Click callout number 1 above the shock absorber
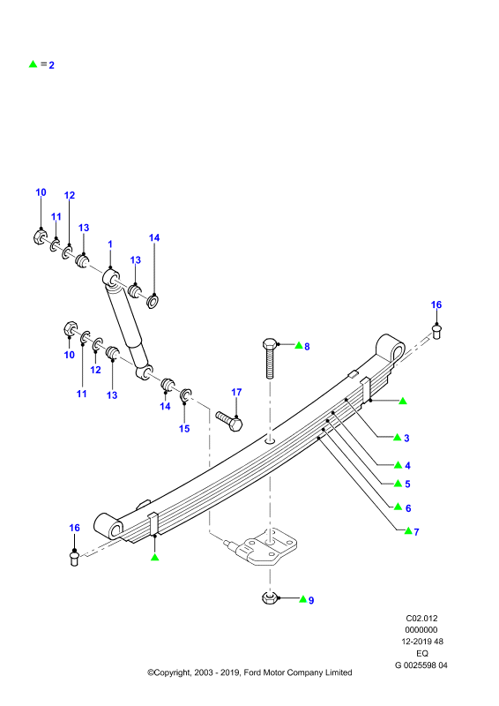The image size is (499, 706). (x=110, y=244)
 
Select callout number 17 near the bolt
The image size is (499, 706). (x=236, y=392)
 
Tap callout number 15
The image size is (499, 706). (x=184, y=429)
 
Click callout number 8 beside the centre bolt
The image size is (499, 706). (x=308, y=346)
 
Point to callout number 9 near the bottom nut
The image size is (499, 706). (x=311, y=600)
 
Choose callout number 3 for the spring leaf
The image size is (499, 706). (x=406, y=438)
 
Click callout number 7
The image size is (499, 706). (x=417, y=532)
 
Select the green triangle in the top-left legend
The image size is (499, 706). (x=33, y=64)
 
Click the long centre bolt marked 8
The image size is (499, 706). (x=270, y=358)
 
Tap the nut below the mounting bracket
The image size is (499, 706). (x=269, y=598)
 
